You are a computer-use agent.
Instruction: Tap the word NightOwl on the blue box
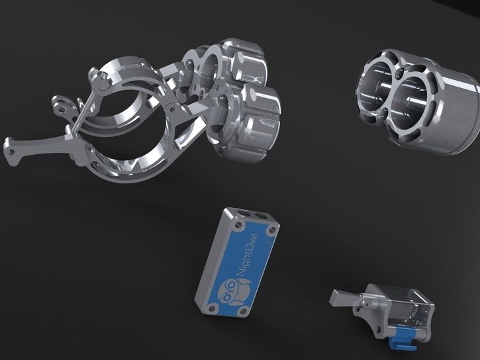248,256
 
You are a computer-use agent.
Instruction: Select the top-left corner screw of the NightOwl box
239,226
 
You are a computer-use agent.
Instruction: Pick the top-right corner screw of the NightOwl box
272,230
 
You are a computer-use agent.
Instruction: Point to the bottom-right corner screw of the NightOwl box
244,312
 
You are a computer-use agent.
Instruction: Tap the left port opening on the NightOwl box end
244,212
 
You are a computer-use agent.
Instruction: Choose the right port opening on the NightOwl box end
261,216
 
